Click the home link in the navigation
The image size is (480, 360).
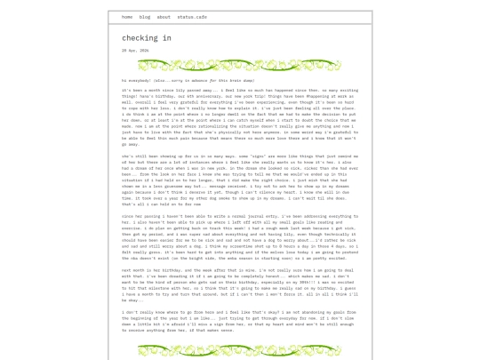point(127,17)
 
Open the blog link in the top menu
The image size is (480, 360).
point(145,17)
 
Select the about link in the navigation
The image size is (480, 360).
point(164,17)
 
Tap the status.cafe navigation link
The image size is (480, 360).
point(191,17)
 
